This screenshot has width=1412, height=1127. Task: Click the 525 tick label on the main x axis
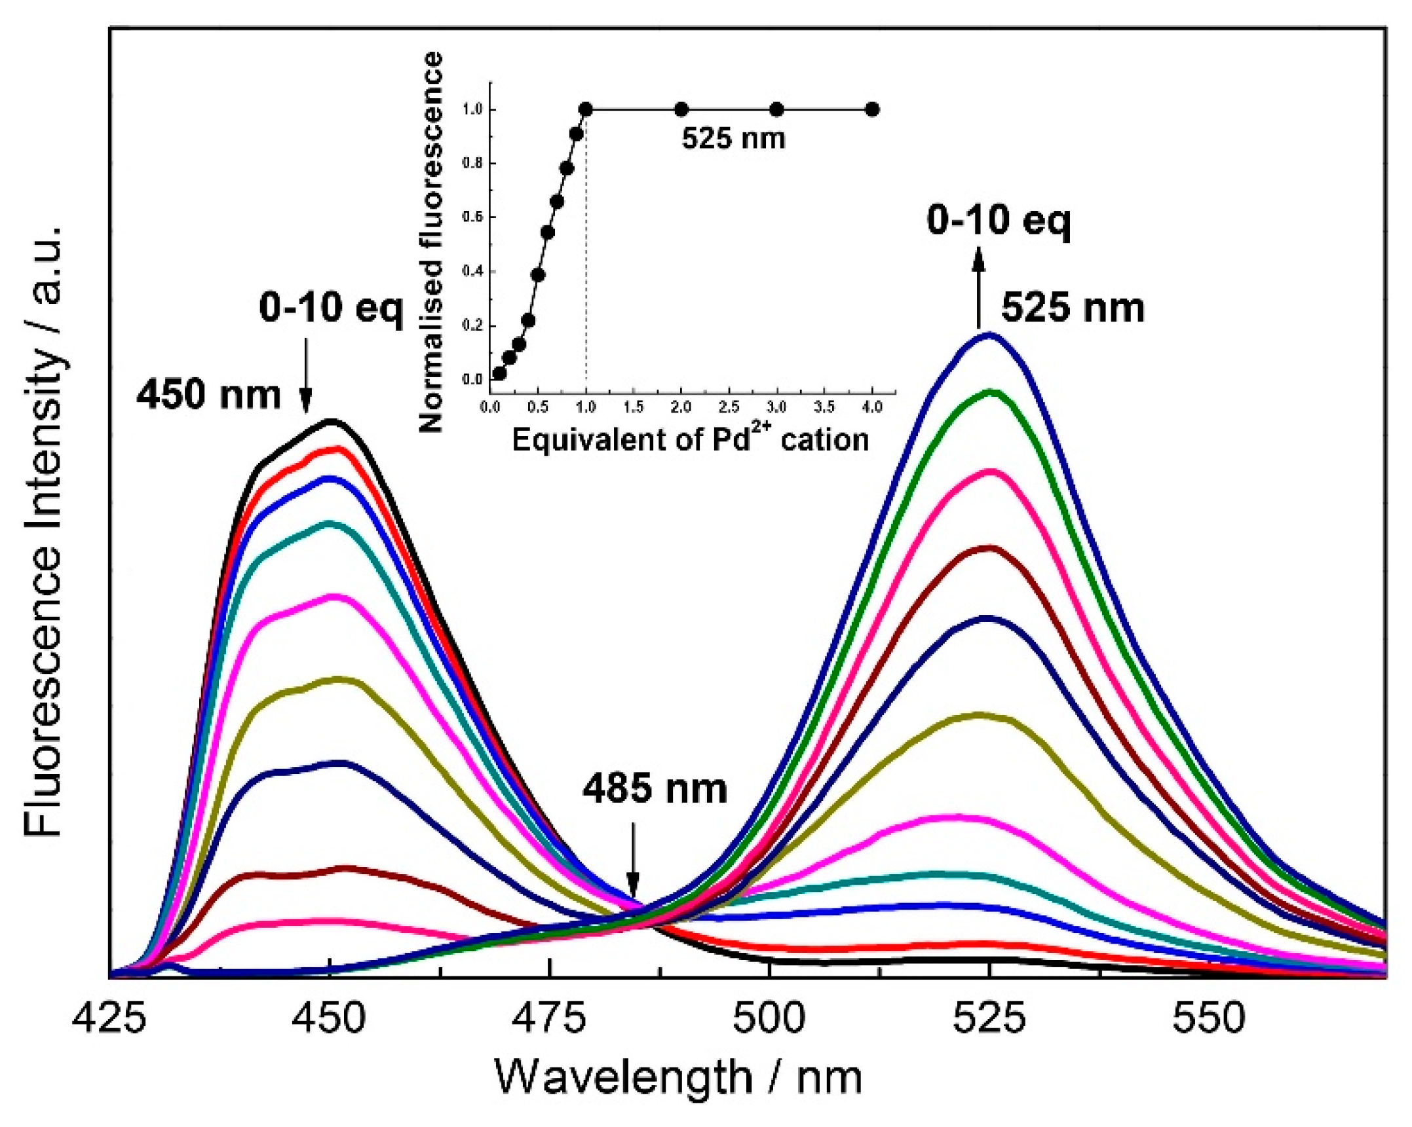pos(989,1020)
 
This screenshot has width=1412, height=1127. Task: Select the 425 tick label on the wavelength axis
pos(110,1020)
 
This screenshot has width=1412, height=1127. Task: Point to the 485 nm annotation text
pos(655,789)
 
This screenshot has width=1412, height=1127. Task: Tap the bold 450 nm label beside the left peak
pos(208,395)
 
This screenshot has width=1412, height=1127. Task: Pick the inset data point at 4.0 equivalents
pos(872,109)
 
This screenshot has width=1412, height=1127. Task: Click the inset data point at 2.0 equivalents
pos(681,109)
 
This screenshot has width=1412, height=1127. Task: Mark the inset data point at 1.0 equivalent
pos(586,109)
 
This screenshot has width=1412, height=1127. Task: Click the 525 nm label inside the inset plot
pos(733,139)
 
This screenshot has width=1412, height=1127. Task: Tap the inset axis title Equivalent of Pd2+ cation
pos(690,439)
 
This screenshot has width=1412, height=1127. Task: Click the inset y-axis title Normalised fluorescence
pos(430,242)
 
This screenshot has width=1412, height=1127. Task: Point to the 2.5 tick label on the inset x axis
pos(729,407)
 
